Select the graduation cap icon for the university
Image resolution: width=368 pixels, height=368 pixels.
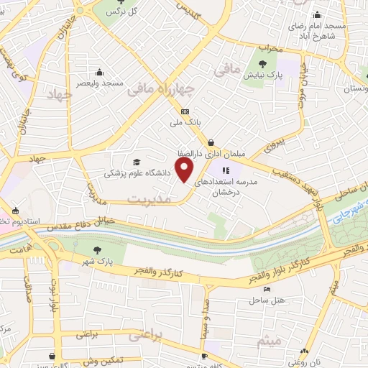pos(137,162)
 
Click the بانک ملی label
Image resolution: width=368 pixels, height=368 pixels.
pos(184,123)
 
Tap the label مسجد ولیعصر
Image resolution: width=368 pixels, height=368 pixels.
pos(99,83)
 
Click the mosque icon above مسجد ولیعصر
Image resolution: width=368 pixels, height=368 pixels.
pos(99,73)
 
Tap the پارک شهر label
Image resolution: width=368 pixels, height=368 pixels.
pos(99,260)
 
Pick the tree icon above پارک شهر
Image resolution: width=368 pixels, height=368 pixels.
pos(98,249)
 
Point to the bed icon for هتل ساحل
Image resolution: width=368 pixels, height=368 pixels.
pos(267,290)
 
